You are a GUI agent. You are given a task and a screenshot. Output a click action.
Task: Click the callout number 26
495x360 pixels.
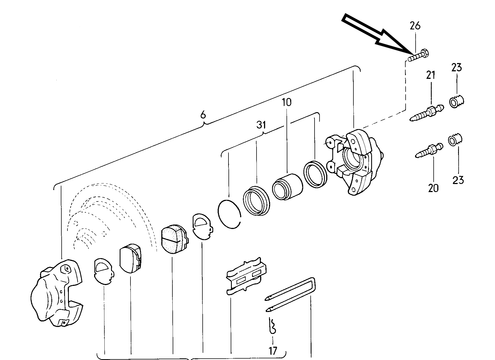(x=415, y=26)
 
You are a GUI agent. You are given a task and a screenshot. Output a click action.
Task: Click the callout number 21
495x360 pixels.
(x=431, y=75)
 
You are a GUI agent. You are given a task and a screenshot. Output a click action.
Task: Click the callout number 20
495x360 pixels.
(x=433, y=188)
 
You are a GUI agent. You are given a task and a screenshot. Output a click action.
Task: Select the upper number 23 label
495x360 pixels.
(x=457, y=67)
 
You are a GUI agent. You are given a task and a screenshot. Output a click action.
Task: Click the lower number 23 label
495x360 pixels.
(x=458, y=180)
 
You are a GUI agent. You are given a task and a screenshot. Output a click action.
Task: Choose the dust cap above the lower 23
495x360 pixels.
(x=456, y=139)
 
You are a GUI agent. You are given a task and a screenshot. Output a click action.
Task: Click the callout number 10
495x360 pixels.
(x=287, y=102)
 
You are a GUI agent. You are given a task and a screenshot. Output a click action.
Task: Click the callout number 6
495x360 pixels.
(x=203, y=114)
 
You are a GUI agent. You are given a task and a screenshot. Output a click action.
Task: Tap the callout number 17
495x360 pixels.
(x=273, y=351)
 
